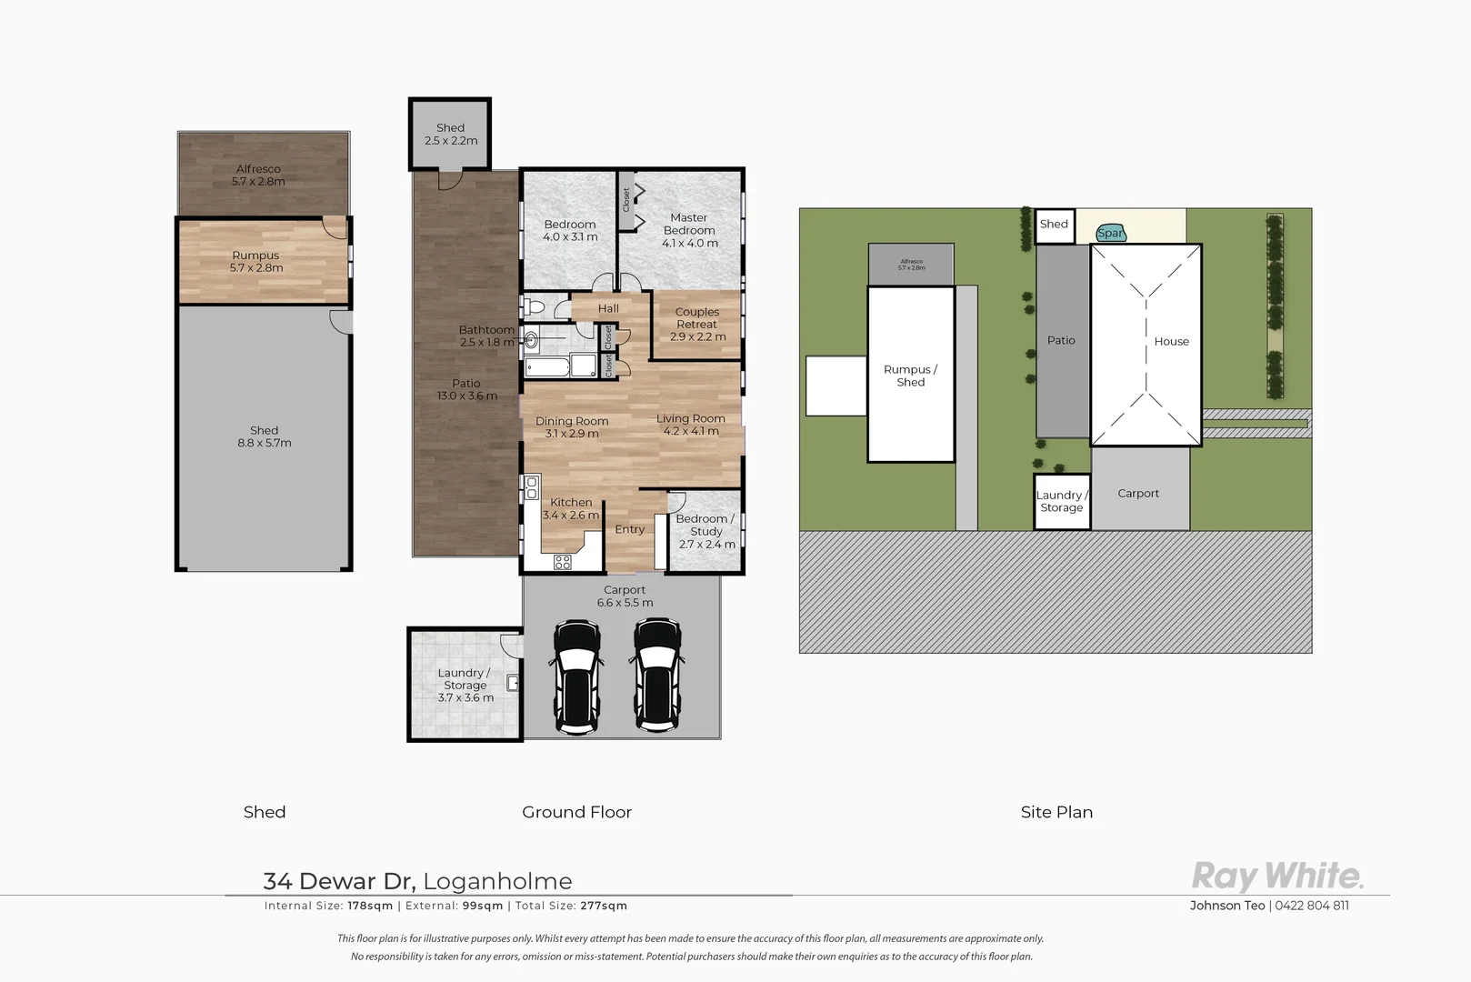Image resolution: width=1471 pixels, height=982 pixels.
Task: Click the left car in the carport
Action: (576, 676)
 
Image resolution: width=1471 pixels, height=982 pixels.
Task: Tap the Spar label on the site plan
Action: (1110, 234)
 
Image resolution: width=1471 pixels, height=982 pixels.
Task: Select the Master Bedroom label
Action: (689, 230)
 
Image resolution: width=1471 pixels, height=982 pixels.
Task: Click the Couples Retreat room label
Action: (697, 324)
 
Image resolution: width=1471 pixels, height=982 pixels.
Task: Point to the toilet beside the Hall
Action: (535, 306)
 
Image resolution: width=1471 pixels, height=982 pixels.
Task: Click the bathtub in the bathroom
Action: (548, 367)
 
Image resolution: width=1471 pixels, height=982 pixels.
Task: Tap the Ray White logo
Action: (1277, 877)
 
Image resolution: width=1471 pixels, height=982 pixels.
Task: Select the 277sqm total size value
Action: (605, 906)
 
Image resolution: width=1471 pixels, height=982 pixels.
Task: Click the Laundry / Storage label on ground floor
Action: (465, 685)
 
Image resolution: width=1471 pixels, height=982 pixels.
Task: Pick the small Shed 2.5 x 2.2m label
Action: (450, 134)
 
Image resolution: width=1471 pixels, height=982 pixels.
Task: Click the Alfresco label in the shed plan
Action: (258, 175)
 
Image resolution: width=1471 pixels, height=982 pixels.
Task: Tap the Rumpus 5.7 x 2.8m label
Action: (255, 261)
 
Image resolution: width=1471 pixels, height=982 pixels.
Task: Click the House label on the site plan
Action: (1171, 342)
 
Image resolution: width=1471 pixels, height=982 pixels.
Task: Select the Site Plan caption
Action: (1056, 812)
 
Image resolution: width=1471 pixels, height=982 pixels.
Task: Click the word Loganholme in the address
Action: (497, 881)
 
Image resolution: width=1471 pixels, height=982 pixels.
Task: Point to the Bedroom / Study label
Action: (705, 531)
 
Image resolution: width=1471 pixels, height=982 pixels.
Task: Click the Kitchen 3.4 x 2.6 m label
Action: (571, 508)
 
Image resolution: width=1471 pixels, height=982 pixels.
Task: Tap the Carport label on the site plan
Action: (1138, 494)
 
